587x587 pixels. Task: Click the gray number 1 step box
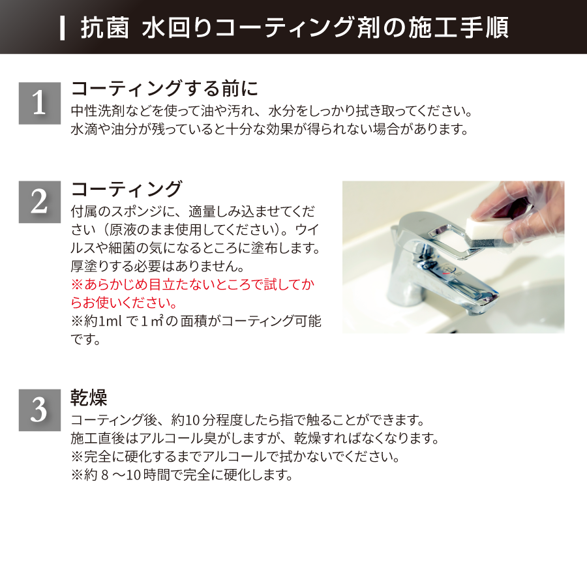pos(40,103)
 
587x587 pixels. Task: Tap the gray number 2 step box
pos(40,202)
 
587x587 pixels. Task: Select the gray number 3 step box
pos(40,410)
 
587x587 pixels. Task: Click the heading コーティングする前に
pos(164,89)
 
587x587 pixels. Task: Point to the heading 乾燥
pos(89,398)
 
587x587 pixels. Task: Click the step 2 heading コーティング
pos(127,189)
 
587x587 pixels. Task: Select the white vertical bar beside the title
pos(63,28)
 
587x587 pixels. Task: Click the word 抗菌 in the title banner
pos(105,28)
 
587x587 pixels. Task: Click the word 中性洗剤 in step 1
pos(98,111)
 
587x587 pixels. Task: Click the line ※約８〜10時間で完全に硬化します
pos(182,475)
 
